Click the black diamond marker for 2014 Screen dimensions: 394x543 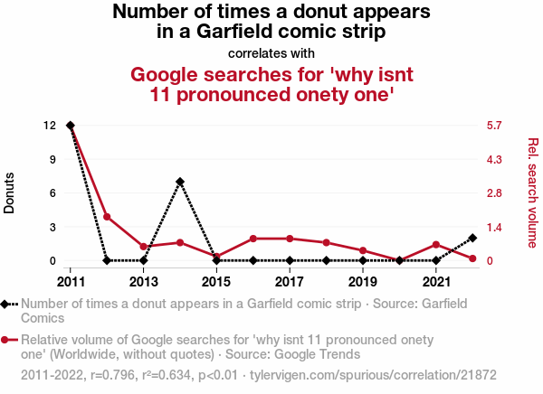click(180, 182)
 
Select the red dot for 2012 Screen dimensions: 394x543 click(107, 217)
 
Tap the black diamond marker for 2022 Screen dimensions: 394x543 click(472, 238)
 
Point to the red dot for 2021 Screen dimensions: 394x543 click(436, 245)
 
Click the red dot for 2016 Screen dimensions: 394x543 click(253, 239)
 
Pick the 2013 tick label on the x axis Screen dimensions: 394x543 click(143, 280)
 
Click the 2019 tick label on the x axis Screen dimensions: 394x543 click(363, 280)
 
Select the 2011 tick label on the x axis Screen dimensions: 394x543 click(71, 280)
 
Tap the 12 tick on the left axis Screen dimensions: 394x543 click(50, 125)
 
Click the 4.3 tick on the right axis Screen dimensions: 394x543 click(493, 159)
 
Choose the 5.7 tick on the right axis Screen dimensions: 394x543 click(493, 125)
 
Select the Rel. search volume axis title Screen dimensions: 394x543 click(532, 192)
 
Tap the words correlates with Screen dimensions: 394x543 click(271, 53)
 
